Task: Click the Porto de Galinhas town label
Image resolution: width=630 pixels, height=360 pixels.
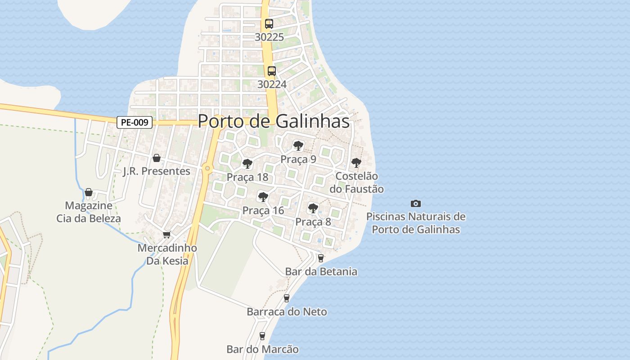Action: click(x=274, y=121)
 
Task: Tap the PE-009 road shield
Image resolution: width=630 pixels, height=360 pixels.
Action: click(x=135, y=122)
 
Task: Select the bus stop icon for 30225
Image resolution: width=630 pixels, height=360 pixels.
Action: click(x=269, y=24)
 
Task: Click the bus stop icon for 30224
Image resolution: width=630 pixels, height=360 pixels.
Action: click(x=272, y=71)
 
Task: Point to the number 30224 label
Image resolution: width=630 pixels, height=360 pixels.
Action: click(x=272, y=84)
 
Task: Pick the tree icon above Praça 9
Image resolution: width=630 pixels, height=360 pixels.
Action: click(x=298, y=145)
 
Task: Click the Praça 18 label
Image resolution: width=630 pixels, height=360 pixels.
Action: click(x=247, y=177)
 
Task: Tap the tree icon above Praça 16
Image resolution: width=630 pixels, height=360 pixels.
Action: click(x=263, y=197)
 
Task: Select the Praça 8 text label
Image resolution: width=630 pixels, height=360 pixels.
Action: click(x=313, y=222)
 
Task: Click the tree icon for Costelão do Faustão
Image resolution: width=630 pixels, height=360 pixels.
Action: click(x=356, y=162)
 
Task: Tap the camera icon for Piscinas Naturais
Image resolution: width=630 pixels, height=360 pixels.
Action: click(x=416, y=203)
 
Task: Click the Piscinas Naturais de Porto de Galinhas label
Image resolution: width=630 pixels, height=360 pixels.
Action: click(x=416, y=223)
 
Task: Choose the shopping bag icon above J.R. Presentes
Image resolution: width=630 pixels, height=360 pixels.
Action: click(x=157, y=158)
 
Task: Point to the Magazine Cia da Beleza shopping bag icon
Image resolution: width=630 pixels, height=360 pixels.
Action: click(x=89, y=192)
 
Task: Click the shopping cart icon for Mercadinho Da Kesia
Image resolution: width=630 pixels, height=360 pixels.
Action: click(x=167, y=234)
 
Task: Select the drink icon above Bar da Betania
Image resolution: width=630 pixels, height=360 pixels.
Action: click(x=321, y=258)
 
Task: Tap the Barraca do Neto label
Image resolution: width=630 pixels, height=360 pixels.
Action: click(x=287, y=311)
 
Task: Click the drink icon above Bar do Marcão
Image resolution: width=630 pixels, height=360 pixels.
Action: click(x=262, y=336)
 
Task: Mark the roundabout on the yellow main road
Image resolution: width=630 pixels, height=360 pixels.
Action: click(x=207, y=168)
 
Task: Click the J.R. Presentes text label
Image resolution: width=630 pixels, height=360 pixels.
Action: click(x=157, y=171)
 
